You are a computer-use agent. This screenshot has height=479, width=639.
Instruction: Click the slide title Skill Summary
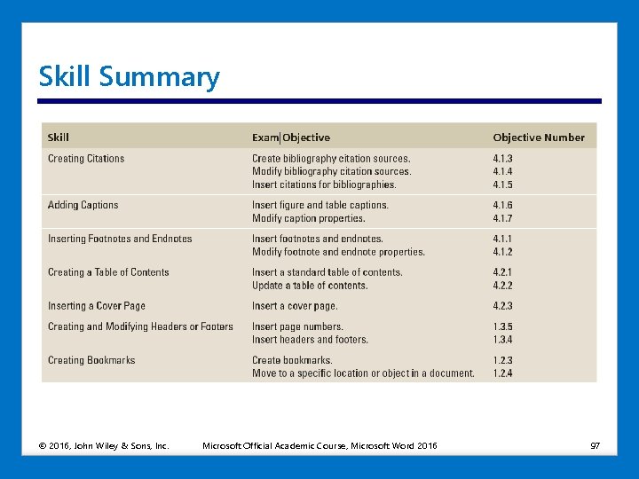pyautogui.click(x=129, y=77)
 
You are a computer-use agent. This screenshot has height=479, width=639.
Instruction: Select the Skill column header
pyautogui.click(x=59, y=137)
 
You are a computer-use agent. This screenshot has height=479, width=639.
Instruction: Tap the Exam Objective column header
pyautogui.click(x=290, y=137)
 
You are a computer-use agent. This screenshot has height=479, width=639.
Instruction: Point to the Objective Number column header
pyautogui.click(x=539, y=137)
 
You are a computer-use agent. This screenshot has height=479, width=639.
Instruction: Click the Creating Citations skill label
pyautogui.click(x=86, y=159)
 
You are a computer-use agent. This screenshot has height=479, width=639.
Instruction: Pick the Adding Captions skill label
pyautogui.click(x=83, y=205)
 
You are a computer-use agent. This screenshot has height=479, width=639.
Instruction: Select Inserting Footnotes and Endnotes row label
pyautogui.click(x=120, y=239)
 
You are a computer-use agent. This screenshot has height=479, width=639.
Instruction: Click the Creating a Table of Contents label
pyautogui.click(x=108, y=272)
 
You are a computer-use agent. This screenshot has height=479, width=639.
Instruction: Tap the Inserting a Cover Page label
pyautogui.click(x=97, y=306)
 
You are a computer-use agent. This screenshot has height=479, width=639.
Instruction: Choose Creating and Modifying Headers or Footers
pyautogui.click(x=140, y=326)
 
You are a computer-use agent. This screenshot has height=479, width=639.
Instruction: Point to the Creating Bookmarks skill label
pyautogui.click(x=91, y=360)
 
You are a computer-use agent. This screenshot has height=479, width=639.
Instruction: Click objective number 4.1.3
pyautogui.click(x=503, y=159)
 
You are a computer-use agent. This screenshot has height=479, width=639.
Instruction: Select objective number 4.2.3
pyautogui.click(x=503, y=306)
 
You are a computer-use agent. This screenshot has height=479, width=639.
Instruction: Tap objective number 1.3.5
pyautogui.click(x=503, y=326)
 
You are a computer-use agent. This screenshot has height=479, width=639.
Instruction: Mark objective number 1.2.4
pyautogui.click(x=503, y=373)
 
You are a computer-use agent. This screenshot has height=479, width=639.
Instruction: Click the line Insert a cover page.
pyautogui.click(x=295, y=306)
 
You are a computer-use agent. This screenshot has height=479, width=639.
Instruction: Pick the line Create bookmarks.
pyautogui.click(x=292, y=360)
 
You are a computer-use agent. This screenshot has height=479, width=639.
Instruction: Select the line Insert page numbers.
pyautogui.click(x=296, y=326)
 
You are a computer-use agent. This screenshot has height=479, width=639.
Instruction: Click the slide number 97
pyautogui.click(x=596, y=444)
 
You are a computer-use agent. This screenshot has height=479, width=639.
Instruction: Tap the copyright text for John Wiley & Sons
pyautogui.click(x=104, y=444)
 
